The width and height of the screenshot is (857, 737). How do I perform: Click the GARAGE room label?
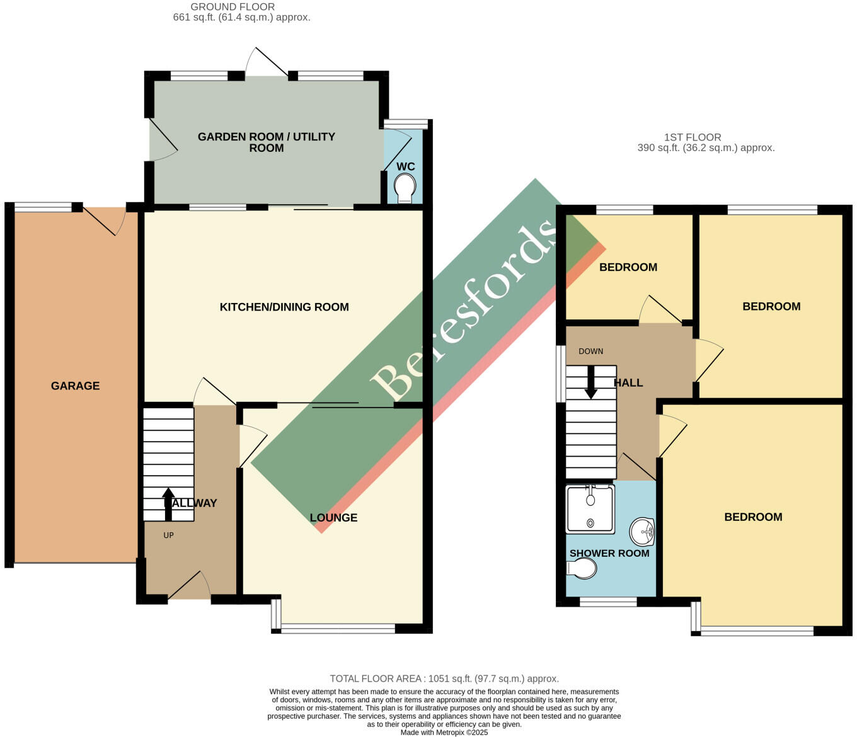[x=75, y=386]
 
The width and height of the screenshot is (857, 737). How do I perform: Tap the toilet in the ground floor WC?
[x=405, y=187]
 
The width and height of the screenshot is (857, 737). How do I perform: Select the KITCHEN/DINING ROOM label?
[x=284, y=307]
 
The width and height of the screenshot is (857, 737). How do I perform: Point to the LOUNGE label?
[x=333, y=517]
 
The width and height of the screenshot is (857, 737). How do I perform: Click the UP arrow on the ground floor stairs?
[x=168, y=504]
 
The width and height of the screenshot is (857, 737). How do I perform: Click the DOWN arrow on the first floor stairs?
[x=590, y=382]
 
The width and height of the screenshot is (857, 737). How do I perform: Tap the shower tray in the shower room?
[x=590, y=508]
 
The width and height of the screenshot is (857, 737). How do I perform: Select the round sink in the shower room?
[x=642, y=532]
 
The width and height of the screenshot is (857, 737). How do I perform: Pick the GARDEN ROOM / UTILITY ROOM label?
[x=266, y=142]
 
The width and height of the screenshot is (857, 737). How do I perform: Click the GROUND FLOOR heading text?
[x=233, y=7]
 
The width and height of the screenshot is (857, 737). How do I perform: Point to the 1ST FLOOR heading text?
[x=693, y=137]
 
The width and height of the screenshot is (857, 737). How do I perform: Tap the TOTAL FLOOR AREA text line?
[x=444, y=678]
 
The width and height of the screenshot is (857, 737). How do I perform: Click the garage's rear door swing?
[x=105, y=220]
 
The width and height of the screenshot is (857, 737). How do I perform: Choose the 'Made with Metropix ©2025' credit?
[x=444, y=733]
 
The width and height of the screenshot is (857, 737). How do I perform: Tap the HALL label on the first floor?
[x=628, y=382]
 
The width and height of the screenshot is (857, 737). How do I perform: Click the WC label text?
[x=405, y=166]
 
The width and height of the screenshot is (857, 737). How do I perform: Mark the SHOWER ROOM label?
[x=609, y=553]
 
